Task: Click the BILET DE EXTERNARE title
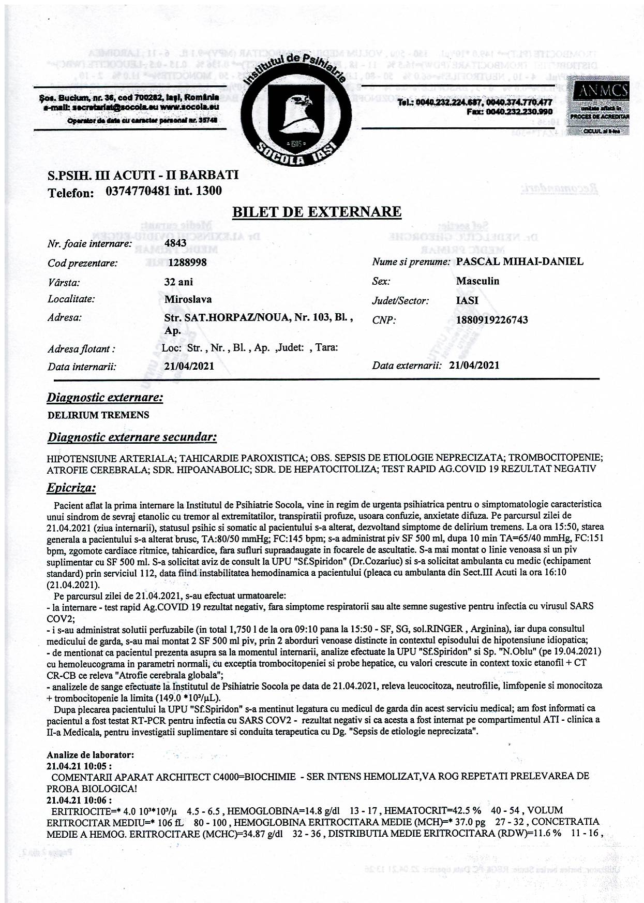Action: tap(317, 211)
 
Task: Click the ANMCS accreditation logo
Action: tap(598, 107)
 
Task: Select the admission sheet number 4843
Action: tap(175, 242)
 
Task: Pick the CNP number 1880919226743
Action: tap(492, 319)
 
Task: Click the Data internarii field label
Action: tap(82, 367)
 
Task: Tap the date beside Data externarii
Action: tap(474, 365)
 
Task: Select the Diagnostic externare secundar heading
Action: tap(132, 438)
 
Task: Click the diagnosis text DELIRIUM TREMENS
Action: tap(98, 415)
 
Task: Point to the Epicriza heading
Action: tap(71, 488)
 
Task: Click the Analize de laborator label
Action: tap(91, 755)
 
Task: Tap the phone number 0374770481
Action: tap(138, 191)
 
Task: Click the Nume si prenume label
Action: tap(411, 262)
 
